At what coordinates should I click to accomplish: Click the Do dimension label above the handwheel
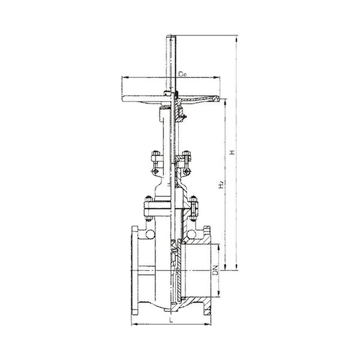(183, 74)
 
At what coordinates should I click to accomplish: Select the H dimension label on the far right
(233, 152)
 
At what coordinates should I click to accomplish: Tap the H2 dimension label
(221, 185)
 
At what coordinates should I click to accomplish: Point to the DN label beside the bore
(215, 270)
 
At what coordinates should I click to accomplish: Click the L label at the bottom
(170, 320)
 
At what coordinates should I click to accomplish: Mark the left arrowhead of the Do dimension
(124, 77)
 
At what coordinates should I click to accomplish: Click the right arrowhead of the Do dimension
(217, 77)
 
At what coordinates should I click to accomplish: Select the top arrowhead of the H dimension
(236, 38)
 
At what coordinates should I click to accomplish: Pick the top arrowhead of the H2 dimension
(226, 102)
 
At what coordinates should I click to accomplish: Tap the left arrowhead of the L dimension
(134, 324)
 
